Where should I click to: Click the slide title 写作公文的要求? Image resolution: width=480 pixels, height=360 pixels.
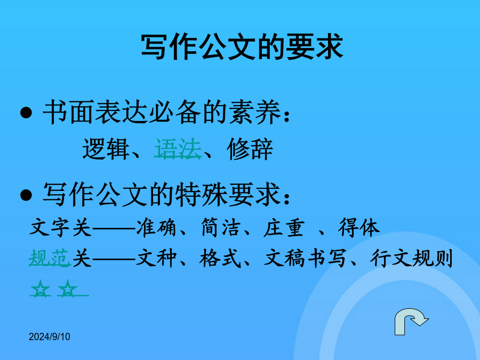point(242,47)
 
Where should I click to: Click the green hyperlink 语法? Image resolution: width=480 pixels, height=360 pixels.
point(178,149)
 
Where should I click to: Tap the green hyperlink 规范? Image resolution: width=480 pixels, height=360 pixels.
point(50,258)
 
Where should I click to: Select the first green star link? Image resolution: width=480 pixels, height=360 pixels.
point(41,289)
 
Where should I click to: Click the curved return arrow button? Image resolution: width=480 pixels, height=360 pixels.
point(411,321)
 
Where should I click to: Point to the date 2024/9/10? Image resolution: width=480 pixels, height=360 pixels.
point(49,337)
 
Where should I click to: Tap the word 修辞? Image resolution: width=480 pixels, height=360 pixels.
point(250,149)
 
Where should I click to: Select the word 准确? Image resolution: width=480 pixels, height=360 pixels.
point(156,227)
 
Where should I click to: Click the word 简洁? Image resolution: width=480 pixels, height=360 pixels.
point(220,227)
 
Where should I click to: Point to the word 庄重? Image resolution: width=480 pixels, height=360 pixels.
point(284,227)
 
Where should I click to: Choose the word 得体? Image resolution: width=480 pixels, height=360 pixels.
point(359,227)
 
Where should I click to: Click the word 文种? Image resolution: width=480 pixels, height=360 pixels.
point(156,258)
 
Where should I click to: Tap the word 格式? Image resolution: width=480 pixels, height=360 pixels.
point(220,258)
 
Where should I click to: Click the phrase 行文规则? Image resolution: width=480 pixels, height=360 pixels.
point(411,258)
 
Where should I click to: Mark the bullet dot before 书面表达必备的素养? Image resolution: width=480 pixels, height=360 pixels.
point(26,113)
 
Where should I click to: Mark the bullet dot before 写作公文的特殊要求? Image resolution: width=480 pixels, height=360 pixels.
point(26,195)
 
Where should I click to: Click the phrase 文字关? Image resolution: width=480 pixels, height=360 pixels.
point(61,227)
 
